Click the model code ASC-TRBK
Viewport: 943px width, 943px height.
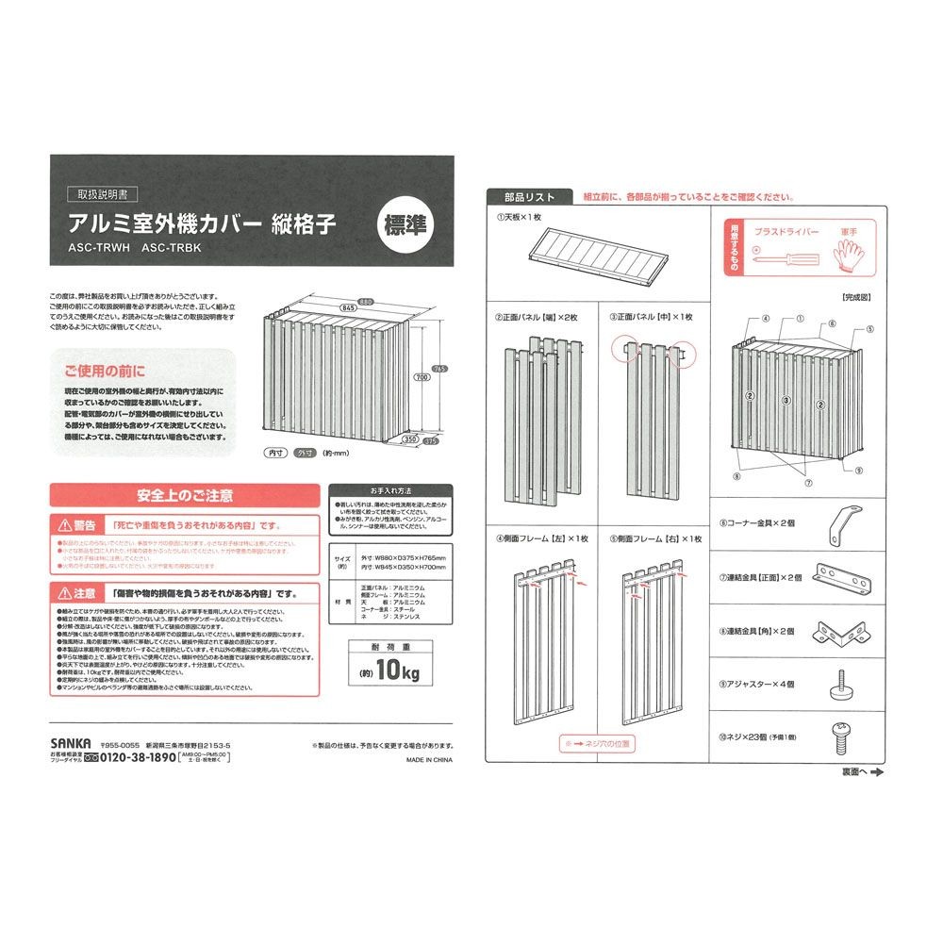click(172, 250)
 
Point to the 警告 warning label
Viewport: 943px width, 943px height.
click(77, 525)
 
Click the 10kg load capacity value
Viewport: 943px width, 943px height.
click(389, 671)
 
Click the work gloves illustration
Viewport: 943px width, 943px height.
click(848, 252)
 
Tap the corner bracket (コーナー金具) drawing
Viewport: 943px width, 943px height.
click(845, 523)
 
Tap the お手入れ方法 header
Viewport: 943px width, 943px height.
click(389, 491)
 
